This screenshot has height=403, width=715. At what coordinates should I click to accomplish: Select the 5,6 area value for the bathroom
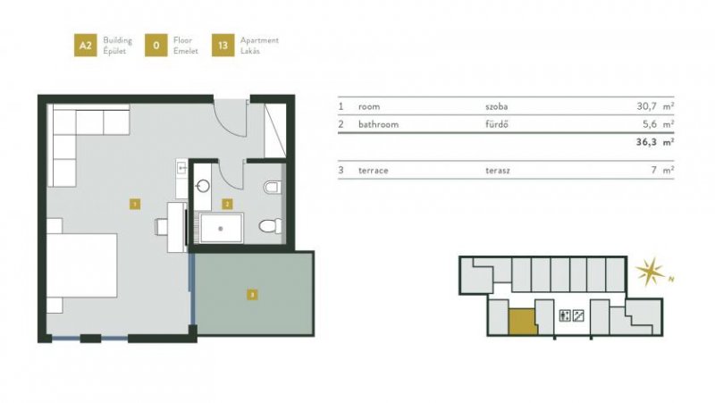648,124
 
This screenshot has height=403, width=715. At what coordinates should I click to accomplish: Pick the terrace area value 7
652,169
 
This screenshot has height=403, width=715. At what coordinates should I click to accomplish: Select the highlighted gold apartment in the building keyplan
521,319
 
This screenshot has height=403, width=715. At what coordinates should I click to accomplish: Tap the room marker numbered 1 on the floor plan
133,204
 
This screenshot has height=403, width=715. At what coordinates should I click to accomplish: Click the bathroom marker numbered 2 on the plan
228,204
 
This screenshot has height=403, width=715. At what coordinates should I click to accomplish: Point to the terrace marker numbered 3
253,293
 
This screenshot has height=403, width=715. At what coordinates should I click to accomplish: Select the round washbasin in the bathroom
202,186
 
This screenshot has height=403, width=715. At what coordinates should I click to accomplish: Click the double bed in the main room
82,266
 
